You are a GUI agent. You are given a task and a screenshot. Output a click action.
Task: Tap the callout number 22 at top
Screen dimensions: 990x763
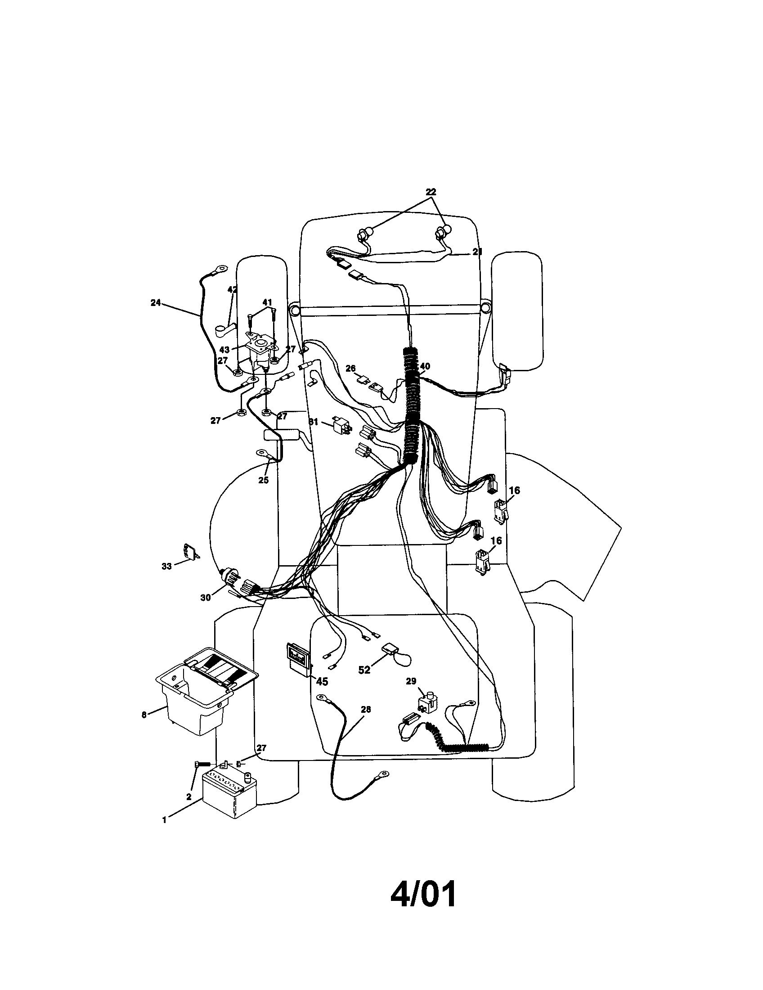[x=431, y=192]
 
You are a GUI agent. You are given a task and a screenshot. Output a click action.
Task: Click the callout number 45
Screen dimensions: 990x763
[x=322, y=681]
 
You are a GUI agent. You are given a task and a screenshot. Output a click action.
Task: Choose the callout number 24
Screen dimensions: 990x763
[x=156, y=303]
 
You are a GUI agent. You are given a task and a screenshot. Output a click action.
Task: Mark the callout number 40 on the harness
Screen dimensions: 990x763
[x=425, y=366]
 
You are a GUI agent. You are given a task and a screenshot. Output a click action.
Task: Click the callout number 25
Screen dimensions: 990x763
[x=264, y=480]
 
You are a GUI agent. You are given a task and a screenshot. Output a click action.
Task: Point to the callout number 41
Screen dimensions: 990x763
[x=267, y=302]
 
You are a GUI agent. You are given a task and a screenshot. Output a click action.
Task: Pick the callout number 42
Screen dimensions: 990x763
[x=232, y=290]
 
